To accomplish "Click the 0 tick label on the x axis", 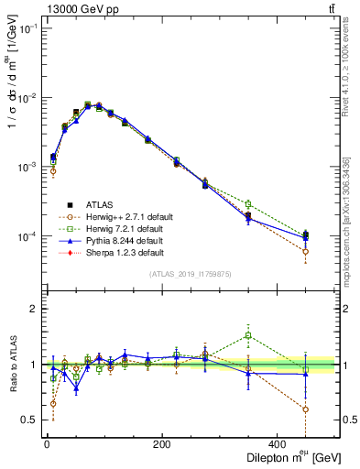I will [x=47, y=444].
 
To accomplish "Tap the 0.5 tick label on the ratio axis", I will [x=28, y=420].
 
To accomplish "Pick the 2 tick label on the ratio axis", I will [x=32, y=310].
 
